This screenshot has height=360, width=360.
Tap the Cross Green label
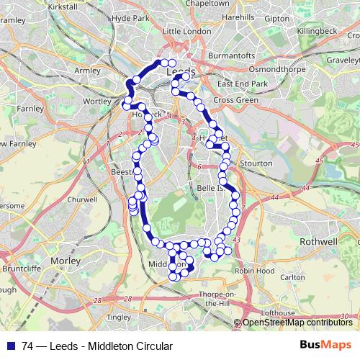tap(236, 100)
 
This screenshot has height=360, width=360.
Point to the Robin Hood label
tap(254, 271)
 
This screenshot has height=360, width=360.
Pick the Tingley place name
tap(117, 317)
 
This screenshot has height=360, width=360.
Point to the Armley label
tap(87, 71)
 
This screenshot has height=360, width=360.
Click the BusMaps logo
tap(325, 345)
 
